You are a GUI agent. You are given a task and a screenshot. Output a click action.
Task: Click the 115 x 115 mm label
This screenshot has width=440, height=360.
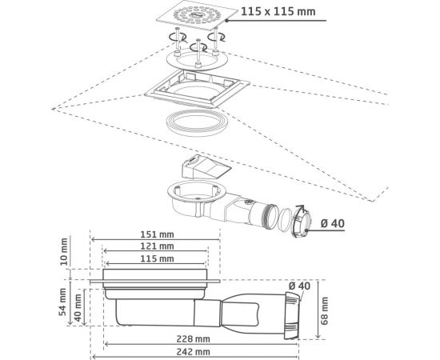click(278, 11)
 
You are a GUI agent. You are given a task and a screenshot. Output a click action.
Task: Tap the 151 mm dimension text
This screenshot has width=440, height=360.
click(157, 234)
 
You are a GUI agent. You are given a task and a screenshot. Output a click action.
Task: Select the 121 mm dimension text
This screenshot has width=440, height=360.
click(157, 246)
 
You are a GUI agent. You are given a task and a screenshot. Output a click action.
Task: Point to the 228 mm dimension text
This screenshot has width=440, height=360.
click(193, 339)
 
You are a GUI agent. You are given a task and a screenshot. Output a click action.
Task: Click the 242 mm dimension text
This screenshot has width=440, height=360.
click(193, 352)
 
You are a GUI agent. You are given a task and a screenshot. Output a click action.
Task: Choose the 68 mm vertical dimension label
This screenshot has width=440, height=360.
click(324, 311)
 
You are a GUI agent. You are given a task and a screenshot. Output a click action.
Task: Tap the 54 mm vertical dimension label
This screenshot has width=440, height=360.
click(62, 302)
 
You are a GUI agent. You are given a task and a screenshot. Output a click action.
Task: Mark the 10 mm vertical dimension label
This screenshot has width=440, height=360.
click(64, 251)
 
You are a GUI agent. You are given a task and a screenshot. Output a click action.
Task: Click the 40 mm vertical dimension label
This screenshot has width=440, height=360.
click(78, 308)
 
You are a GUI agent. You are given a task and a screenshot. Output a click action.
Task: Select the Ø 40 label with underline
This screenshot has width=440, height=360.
click(333, 224)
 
